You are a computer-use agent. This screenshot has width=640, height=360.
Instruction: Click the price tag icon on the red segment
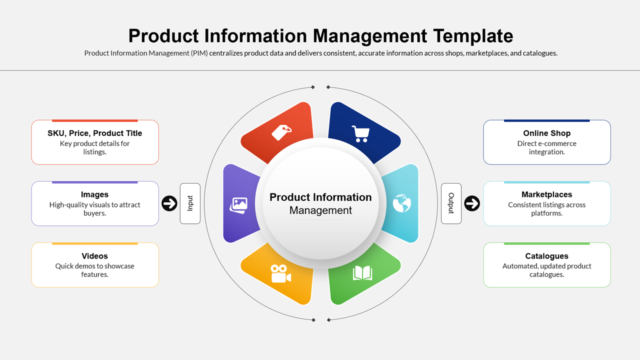coord(281,132)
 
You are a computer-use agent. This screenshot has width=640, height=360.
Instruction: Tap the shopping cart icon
coord(360,133)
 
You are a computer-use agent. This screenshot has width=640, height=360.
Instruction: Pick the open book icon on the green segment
coord(362,273)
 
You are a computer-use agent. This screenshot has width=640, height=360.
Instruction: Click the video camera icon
coord(280,273)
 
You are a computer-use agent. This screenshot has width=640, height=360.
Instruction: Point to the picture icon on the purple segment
coord(239,204)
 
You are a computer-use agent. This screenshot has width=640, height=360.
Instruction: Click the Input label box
coord(190,203)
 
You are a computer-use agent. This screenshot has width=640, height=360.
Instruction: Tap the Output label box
coord(451,203)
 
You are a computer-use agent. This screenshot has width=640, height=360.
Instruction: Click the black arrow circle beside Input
coord(169,203)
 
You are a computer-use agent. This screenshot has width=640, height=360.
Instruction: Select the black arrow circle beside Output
coord(472,203)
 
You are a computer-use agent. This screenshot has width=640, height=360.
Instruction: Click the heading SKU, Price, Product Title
coord(95,133)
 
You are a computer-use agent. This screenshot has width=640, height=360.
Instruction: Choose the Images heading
coord(95,194)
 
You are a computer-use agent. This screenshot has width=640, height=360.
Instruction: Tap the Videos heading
coord(95,256)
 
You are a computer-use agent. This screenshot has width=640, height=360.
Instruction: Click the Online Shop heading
coord(546,133)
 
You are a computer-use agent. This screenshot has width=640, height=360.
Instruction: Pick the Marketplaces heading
coord(546,194)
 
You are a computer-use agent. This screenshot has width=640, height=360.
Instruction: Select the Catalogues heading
coord(546,256)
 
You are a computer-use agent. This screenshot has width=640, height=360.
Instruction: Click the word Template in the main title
coord(473,36)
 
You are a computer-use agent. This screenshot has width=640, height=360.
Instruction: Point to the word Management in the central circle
coord(320,210)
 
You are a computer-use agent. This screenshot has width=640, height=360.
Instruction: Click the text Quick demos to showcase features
coord(95,270)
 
